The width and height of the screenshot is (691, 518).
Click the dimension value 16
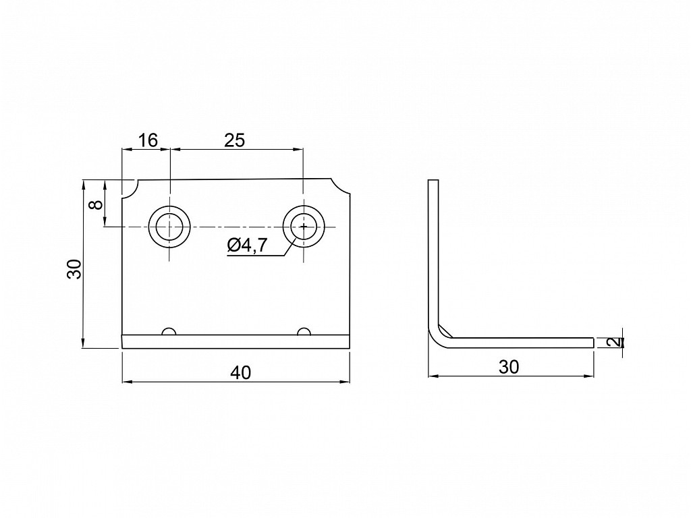click(148, 140)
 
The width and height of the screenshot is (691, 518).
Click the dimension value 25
click(234, 140)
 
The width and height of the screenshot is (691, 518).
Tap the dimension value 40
click(241, 372)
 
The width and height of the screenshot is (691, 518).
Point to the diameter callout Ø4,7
click(247, 245)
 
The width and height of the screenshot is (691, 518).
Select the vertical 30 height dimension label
click(74, 268)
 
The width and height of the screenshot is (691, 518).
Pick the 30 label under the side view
click(509, 366)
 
